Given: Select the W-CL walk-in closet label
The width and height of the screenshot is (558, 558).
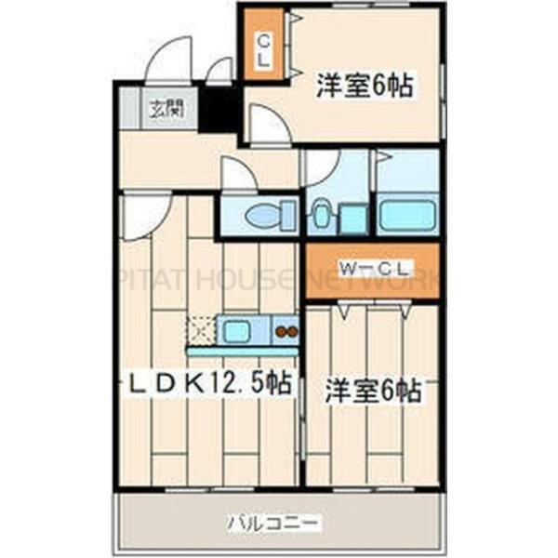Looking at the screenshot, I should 375,269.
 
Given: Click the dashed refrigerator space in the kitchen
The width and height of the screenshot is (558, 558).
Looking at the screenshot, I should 200,330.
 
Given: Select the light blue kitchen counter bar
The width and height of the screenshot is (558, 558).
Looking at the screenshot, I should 242,352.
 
